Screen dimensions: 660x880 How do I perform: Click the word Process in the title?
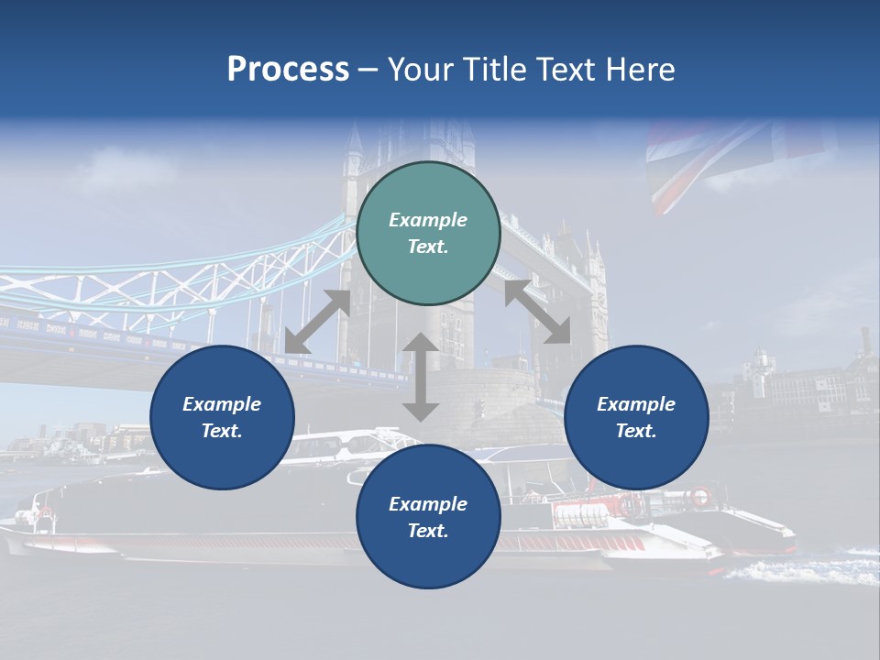pos(288,70)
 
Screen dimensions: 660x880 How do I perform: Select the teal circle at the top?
pos(428,234)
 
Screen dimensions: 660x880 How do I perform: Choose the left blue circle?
pos(222,418)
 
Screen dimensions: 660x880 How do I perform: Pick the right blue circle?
pos(636,418)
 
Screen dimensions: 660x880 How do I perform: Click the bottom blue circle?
pos(428,517)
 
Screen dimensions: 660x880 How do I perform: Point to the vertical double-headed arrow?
pos(421,377)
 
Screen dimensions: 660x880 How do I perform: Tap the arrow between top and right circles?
pos(537,312)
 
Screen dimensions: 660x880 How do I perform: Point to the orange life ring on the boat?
pos(699,497)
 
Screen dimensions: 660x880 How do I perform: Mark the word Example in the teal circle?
pos(428,220)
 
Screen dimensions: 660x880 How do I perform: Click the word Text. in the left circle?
pos(222,431)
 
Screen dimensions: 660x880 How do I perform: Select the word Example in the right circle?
pos(636,404)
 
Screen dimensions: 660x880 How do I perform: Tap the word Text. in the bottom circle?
pos(428,531)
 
